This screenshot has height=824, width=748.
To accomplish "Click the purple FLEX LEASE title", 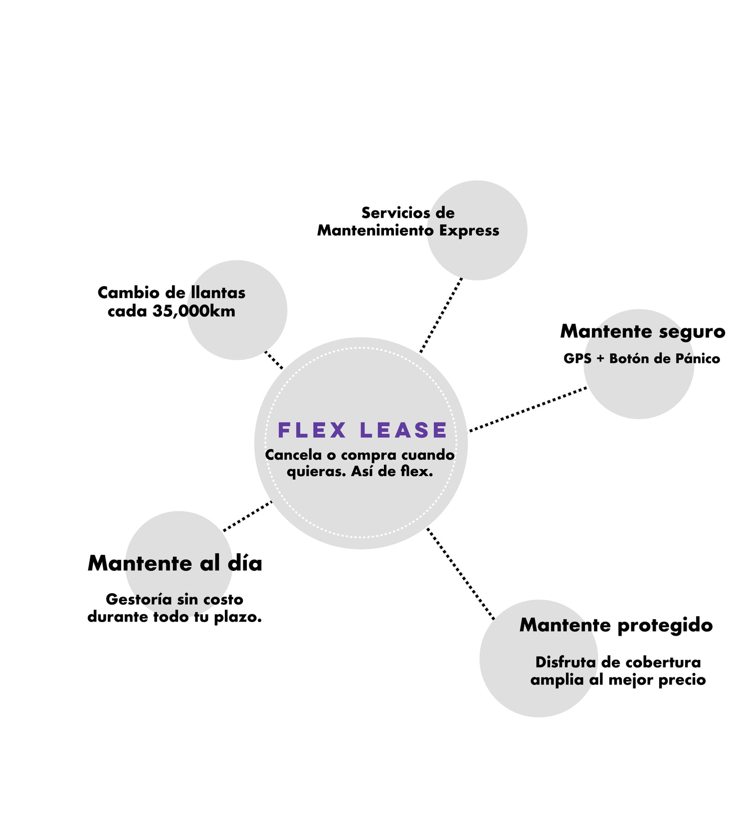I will point(362,430).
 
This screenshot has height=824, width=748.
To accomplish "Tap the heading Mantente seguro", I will point(642,331).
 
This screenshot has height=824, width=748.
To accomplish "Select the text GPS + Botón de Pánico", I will point(641,358).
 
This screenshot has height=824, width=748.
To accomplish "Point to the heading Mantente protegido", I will point(616,625).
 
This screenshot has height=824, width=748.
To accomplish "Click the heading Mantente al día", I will point(175,563).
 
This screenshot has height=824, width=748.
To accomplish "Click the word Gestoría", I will point(139,599).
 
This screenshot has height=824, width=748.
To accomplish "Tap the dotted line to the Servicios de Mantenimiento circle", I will point(441,315).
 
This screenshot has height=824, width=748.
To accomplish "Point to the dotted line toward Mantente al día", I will point(248,516).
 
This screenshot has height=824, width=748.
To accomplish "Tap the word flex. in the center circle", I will point(417,471).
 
